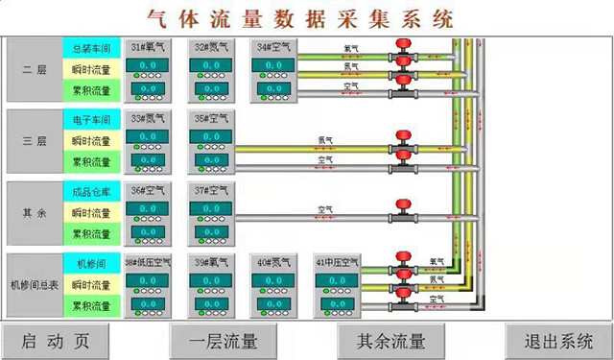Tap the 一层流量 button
pyautogui.click(x=223, y=340)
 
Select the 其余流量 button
pyautogui.click(x=390, y=340)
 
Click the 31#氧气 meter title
pyautogui.click(x=148, y=46)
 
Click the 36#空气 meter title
pyautogui.click(x=148, y=190)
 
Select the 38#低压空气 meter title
pyautogui.click(x=148, y=262)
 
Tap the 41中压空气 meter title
pyautogui.click(x=339, y=262)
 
